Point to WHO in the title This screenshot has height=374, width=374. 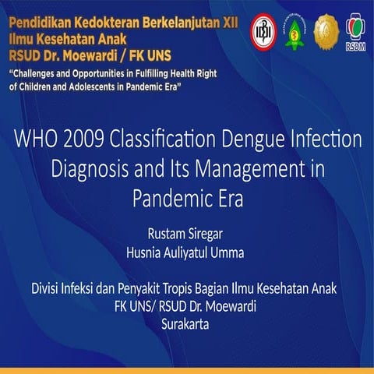[35, 142]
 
